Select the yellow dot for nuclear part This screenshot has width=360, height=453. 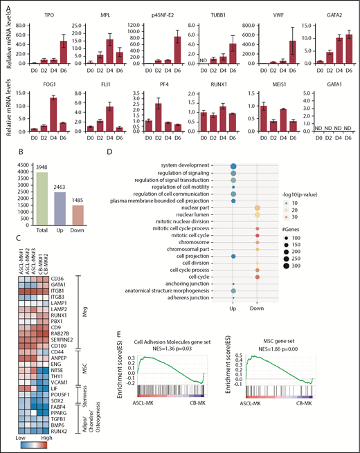(x=258, y=207)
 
